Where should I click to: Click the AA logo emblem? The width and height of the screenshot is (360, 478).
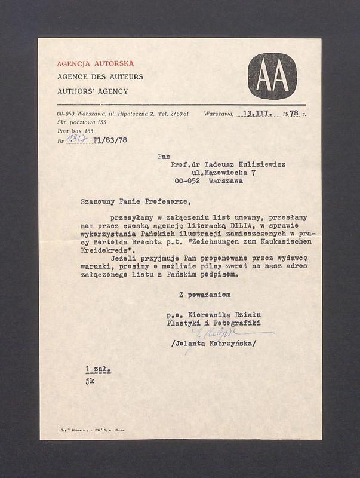[272, 76]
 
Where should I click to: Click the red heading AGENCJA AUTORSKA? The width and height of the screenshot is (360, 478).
[95, 63]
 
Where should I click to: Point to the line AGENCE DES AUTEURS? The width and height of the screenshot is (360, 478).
[100, 77]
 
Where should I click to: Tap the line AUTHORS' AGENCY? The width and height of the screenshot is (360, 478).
[93, 91]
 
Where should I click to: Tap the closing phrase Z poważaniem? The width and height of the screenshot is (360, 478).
[204, 295]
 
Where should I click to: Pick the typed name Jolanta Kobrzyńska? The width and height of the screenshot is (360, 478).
[213, 344]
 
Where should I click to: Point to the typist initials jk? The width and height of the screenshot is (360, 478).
[90, 381]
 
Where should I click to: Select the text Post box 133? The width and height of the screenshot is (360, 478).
[75, 130]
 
